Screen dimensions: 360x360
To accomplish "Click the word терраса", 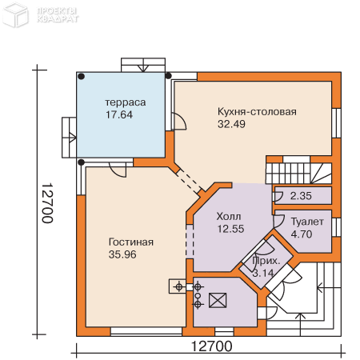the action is tap(126, 102).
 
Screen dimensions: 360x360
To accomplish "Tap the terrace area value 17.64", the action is tap(119, 114).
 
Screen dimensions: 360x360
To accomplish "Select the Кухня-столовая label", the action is tap(257, 112).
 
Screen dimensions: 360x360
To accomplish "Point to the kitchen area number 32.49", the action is tap(231, 124).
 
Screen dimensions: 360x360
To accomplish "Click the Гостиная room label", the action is tap(131, 242).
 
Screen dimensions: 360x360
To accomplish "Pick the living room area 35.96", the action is tap(122, 254).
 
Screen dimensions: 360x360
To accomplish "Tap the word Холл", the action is tap(229, 217).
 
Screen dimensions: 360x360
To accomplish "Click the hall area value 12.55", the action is tap(230, 229).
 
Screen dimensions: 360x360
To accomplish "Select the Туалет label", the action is tap(307, 222).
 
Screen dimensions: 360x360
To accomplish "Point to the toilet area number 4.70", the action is tap(302, 234).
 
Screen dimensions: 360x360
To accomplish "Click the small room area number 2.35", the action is tap(301, 196).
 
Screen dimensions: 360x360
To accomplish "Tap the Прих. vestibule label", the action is tap(266, 261).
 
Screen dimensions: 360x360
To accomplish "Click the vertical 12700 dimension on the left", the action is tap(48, 203).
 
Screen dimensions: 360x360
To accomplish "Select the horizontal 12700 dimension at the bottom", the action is tap(212, 346).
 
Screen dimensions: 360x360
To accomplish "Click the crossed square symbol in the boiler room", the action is tap(218, 301).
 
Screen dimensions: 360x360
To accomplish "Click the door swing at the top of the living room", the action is tap(118, 170).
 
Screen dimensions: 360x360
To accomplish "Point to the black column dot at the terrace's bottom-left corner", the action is tap(82, 162).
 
